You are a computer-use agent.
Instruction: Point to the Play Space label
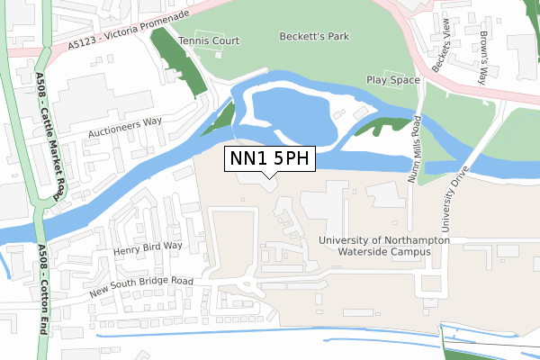click(393, 80)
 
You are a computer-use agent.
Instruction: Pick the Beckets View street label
click(440, 53)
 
